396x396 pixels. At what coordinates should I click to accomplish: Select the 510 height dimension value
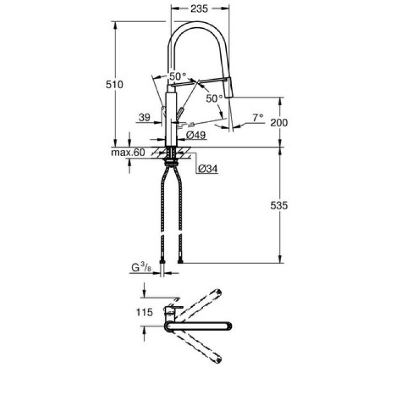point(115,84)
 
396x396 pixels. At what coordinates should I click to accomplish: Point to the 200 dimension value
point(279,123)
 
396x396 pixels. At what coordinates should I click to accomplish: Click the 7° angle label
point(258,118)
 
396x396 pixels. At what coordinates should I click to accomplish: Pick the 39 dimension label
point(144,118)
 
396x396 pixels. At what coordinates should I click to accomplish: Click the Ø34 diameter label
point(208,168)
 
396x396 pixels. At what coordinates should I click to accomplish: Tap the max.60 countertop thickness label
point(128,153)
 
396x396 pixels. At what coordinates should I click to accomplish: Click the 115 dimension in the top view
point(145,312)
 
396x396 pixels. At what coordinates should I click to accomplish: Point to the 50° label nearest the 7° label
point(214,98)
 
